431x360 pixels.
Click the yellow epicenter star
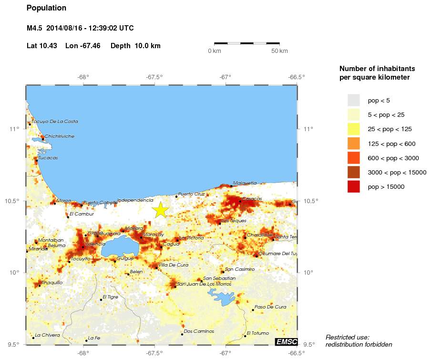pos(161,210)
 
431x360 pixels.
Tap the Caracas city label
pos(252,198)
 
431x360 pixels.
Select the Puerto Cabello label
pos(100,203)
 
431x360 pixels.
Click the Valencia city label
pos(95,244)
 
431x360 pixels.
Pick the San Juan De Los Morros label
pos(204,284)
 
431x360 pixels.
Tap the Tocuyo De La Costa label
pos(54,122)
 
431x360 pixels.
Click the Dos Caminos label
pos(199,331)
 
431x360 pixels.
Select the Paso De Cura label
pos(270,307)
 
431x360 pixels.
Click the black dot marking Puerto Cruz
pos(176,196)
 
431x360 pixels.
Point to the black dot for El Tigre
pos(101,299)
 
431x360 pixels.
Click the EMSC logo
pos(286,341)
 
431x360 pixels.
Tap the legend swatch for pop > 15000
pos(353,186)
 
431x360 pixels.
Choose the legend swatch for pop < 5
pos(353,100)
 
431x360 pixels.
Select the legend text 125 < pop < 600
pos(391,144)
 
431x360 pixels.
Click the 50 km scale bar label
pos(279,51)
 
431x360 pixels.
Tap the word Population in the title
pos(46,8)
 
